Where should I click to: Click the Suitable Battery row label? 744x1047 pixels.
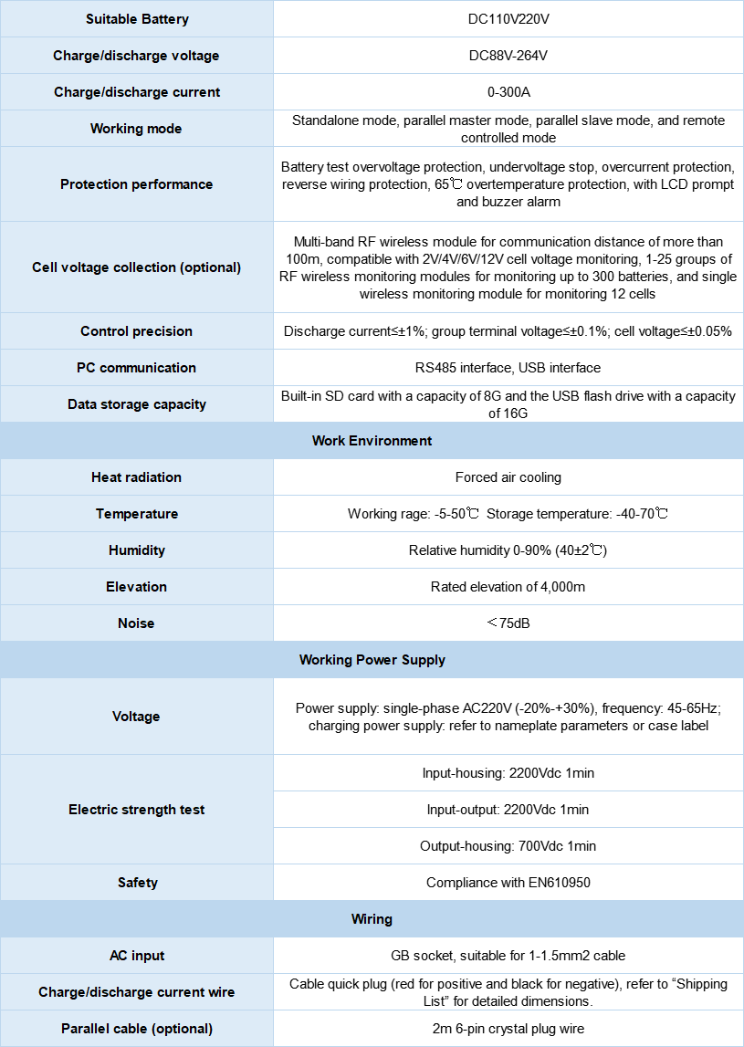[x=136, y=19]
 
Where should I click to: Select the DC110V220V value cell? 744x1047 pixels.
[x=508, y=19]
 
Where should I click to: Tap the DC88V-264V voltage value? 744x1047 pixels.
[x=508, y=56]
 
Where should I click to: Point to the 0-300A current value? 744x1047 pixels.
[x=508, y=92]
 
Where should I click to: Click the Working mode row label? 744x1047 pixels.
[x=136, y=129]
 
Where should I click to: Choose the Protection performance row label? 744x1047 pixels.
[x=136, y=184]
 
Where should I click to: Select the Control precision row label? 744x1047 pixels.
[x=136, y=331]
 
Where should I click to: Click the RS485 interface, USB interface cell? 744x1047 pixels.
[x=508, y=368]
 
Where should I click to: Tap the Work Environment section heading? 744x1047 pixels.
[x=372, y=441]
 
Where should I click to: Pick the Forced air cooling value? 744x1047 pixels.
[x=508, y=477]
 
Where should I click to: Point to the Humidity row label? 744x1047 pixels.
[x=136, y=550]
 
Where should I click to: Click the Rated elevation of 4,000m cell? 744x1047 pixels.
[x=508, y=587]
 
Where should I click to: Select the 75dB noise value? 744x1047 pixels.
[x=508, y=623]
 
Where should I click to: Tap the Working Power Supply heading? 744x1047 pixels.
[x=372, y=660]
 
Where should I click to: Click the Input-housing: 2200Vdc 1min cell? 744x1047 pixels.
[x=508, y=773]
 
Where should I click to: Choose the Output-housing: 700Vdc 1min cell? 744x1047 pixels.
[x=508, y=846]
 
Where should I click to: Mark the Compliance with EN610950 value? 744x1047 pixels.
[x=508, y=883]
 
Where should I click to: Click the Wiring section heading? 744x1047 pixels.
[x=372, y=919]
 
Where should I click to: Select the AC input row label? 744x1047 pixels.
[x=136, y=956]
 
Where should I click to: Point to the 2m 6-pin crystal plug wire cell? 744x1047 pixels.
[x=508, y=1029]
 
